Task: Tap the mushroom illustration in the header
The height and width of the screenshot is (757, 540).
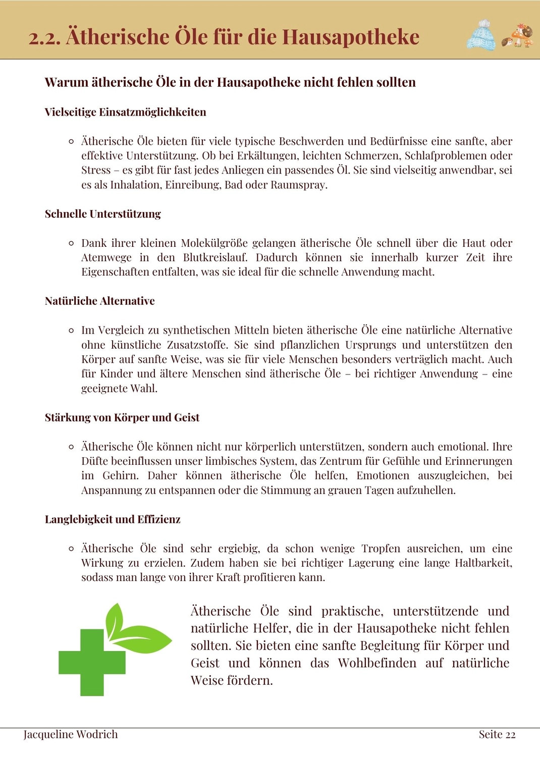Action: click(518, 36)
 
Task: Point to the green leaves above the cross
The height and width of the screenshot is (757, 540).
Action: click(133, 628)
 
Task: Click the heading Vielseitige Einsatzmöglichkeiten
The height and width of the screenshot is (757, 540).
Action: click(125, 112)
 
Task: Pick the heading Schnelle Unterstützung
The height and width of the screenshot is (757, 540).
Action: click(102, 214)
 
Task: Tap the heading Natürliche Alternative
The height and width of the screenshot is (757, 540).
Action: click(99, 301)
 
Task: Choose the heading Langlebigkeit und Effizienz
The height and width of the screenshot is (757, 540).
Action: click(113, 520)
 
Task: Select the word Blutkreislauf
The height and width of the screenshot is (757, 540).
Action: click(215, 258)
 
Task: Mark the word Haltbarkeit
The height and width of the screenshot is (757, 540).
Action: click(483, 563)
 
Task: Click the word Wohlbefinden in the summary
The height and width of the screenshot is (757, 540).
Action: click(377, 663)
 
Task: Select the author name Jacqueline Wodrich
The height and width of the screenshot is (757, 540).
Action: click(71, 735)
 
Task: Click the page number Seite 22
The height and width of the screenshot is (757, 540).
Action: click(497, 735)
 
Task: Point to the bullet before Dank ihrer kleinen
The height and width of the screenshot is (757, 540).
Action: click(71, 243)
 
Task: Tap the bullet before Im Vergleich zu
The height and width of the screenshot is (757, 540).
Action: click(71, 331)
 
